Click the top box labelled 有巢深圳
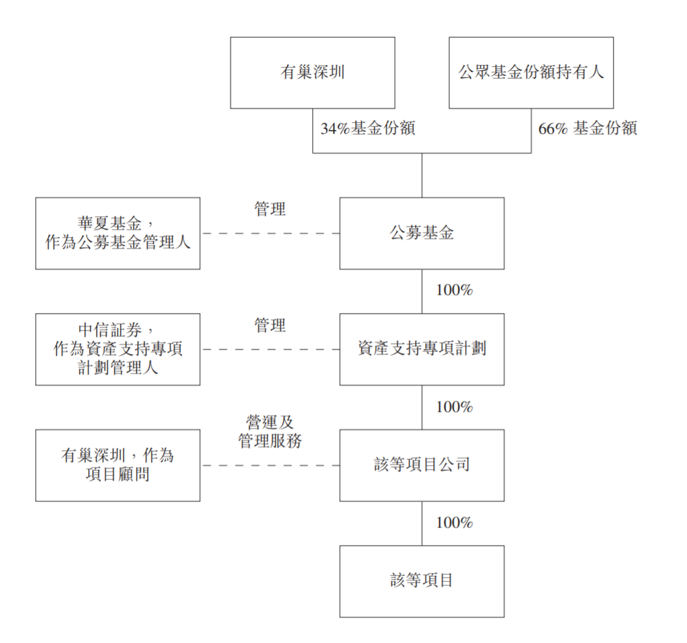tap(312, 73)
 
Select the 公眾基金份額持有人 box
tap(531, 73)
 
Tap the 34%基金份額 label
tap(368, 129)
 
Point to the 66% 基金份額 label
tap(588, 129)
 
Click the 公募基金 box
tap(422, 233)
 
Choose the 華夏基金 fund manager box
tap(118, 233)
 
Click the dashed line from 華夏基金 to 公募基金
tap(270, 233)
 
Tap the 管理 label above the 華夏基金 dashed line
tap(270, 209)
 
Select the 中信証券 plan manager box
tap(118, 349)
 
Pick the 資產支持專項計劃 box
tap(422, 349)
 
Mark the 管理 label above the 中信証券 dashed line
tap(270, 325)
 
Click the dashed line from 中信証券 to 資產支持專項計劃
tap(270, 349)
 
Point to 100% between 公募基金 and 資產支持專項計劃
tap(455, 290)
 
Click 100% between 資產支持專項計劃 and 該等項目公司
tap(455, 407)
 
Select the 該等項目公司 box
tap(422, 466)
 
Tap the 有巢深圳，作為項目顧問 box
tap(118, 466)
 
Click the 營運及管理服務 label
tap(270, 432)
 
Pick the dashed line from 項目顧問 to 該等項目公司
tap(270, 466)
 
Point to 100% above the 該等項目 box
tap(455, 522)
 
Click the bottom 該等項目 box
tap(422, 582)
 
